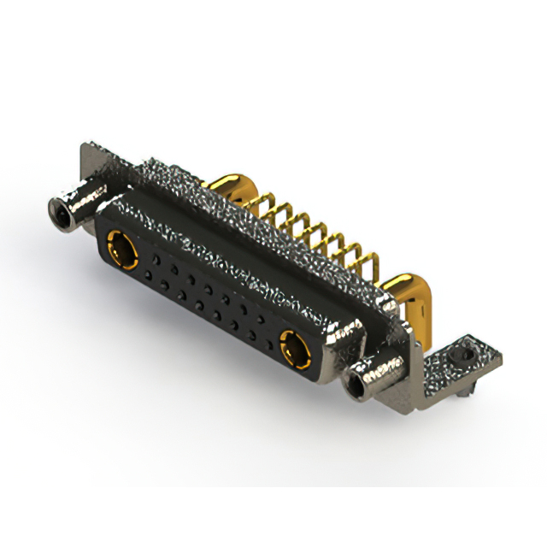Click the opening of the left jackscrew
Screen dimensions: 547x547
tap(60, 208)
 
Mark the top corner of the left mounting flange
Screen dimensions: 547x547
tap(86, 146)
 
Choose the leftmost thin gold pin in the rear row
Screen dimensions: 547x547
tap(255, 202)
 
